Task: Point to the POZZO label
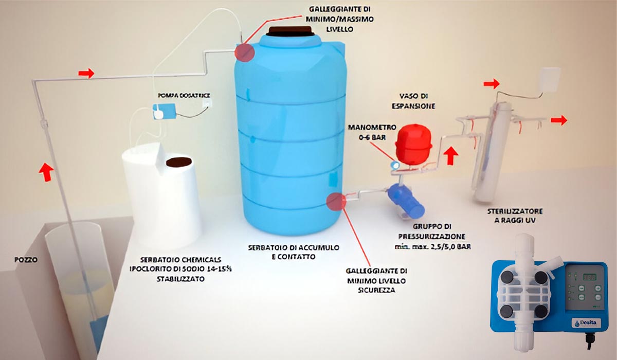[x=26, y=260]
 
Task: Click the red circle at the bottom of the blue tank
[x=336, y=201]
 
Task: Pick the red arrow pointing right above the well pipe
[x=86, y=74]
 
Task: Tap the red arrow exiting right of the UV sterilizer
[x=559, y=120]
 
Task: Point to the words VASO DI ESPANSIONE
[x=417, y=101]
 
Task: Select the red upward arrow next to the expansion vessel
[x=451, y=155]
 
